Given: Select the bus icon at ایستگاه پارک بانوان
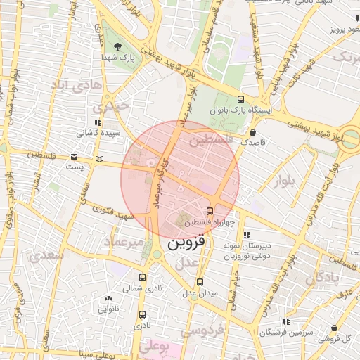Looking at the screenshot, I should (241, 99).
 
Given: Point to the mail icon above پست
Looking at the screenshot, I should (74, 157).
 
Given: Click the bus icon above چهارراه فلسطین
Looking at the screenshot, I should (210, 211).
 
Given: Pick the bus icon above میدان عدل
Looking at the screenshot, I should (200, 283).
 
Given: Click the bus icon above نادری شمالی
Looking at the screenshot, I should (143, 278).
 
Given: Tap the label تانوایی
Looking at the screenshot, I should (108, 309).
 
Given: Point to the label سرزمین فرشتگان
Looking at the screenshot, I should (285, 331).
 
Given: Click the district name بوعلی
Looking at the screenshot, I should (154, 346).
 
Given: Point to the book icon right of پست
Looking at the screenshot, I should (99, 159).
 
